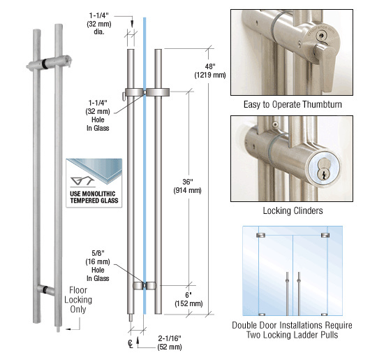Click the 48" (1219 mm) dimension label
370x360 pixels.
[x=210, y=71]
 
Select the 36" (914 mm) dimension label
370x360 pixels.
[x=188, y=186]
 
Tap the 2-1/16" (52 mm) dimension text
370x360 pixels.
[x=170, y=343]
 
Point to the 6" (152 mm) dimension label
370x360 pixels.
[x=188, y=299]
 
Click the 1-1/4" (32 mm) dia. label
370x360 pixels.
[x=99, y=24]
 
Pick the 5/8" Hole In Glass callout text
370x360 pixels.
[x=98, y=266]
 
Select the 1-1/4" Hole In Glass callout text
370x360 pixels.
[x=98, y=115]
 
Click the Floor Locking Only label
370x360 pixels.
[x=78, y=299]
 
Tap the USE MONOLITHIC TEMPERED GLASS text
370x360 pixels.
[x=94, y=197]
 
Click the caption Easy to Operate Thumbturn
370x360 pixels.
[x=293, y=104]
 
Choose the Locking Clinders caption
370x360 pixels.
[x=293, y=210]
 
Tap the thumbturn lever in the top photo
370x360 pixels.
[x=326, y=66]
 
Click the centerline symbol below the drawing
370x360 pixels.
[x=131, y=343]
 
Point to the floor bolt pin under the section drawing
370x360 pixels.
[x=131, y=317]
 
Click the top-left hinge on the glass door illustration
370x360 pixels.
[x=260, y=235]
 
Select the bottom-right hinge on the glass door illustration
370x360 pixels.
[x=325, y=315]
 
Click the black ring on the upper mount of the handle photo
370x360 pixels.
[x=44, y=64]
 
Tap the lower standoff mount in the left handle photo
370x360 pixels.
[x=45, y=289]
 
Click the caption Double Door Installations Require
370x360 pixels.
[x=292, y=326]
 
